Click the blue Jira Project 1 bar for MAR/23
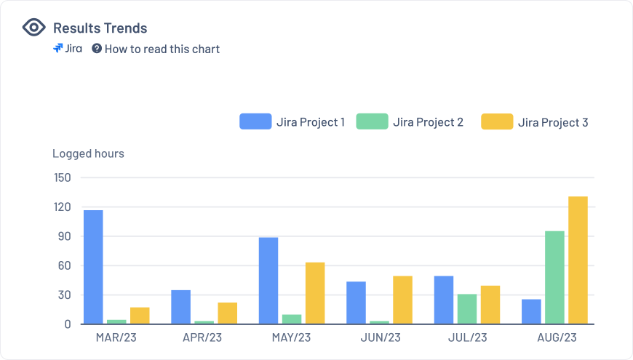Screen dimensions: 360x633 coord(93,267)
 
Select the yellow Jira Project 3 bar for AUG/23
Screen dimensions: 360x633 coord(578,260)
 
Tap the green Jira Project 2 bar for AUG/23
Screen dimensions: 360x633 coord(554,277)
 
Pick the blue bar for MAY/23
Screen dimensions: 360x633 coord(268,281)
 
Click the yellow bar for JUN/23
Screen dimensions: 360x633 coord(402,300)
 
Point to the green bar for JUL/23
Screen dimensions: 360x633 coord(467,309)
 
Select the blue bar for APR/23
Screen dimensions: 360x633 coord(180,307)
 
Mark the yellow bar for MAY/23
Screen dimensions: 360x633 coord(315,293)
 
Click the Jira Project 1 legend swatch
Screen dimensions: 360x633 coord(255,121)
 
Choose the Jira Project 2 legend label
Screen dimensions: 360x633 coord(428,122)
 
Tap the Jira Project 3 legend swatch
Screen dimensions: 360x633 coord(496,121)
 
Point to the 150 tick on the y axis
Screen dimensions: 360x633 coord(63,177)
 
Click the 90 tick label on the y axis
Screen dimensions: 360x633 coord(65,236)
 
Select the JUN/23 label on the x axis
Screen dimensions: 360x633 coord(381,338)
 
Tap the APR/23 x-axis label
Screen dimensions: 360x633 coord(203,338)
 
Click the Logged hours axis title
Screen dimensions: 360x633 coord(88,153)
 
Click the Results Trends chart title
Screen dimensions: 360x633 coord(100,28)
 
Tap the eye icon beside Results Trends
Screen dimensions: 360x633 coord(33,28)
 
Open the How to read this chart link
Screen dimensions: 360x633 coord(162,49)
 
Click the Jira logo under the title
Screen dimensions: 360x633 coord(68,49)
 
